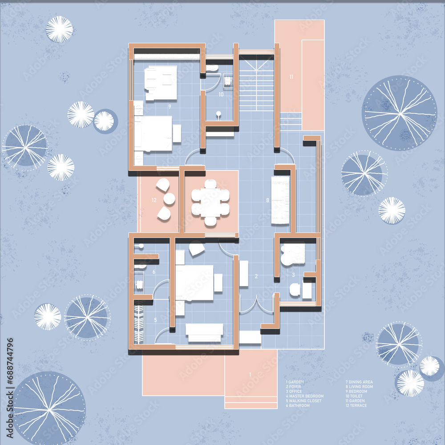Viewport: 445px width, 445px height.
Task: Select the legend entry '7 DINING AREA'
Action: pyautogui.click(x=359, y=382)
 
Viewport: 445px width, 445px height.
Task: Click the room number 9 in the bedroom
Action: pyautogui.click(x=170, y=106)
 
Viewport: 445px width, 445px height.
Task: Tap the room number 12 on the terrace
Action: pyautogui.click(x=154, y=200)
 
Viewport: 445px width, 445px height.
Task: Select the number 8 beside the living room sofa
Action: pyautogui.click(x=267, y=200)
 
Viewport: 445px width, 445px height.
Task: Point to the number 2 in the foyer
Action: pyautogui.click(x=256, y=276)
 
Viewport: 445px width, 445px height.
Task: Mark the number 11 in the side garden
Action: pyautogui.click(x=291, y=77)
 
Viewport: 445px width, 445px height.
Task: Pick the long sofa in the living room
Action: pyautogui.click(x=280, y=200)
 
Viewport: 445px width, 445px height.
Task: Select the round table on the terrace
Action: pyautogui.click(x=169, y=199)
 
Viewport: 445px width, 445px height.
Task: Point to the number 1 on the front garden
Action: pyautogui.click(x=250, y=374)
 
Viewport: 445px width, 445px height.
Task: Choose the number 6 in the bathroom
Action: pyautogui.click(x=154, y=271)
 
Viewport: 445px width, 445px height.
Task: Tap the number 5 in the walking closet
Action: pyautogui.click(x=155, y=320)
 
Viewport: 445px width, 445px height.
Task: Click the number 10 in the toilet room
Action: pyautogui.click(x=220, y=94)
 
